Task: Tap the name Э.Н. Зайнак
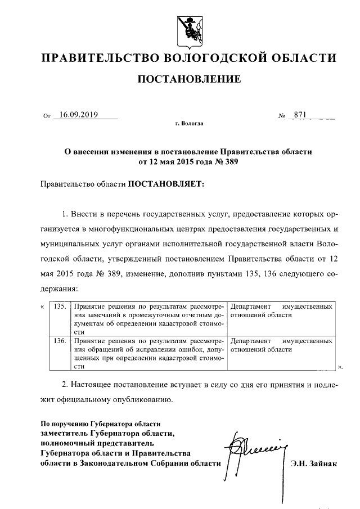pos(313,464)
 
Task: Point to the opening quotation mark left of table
pos(43,307)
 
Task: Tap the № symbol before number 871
pos(282,116)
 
